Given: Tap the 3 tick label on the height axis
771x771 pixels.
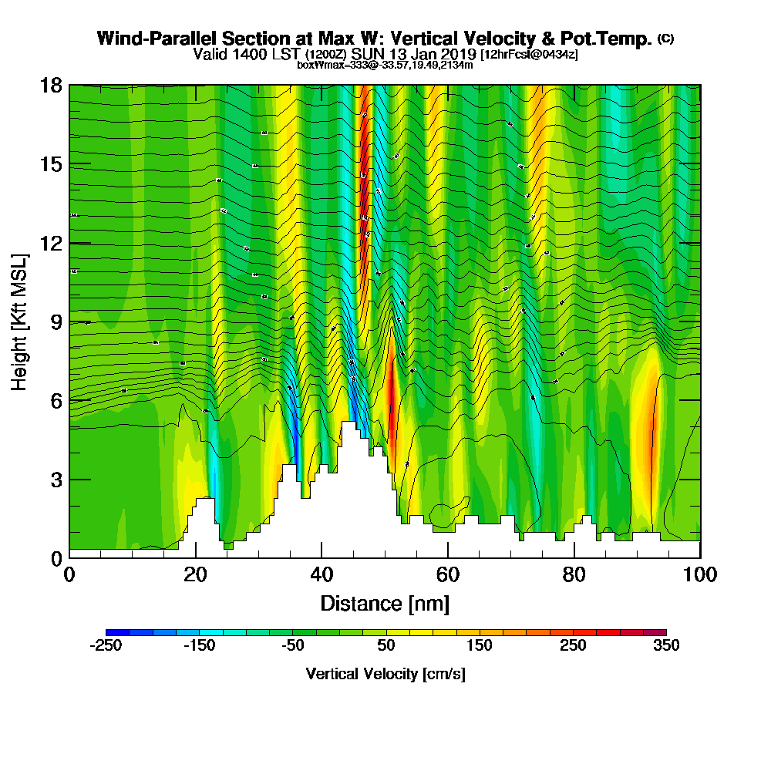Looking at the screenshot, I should click(56, 480).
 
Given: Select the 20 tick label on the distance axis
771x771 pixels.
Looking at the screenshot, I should click(196, 574).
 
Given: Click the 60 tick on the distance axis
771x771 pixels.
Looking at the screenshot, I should click(448, 557).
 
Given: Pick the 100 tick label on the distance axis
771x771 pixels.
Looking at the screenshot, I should click(700, 574).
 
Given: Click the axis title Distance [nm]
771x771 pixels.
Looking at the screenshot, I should click(385, 603).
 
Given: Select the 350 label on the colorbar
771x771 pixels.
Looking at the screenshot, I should click(666, 646).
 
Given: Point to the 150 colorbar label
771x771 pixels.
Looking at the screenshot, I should click(479, 646).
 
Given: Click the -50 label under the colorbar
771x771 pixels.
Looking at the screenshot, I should click(292, 646).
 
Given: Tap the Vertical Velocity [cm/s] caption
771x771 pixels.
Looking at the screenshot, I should click(385, 674).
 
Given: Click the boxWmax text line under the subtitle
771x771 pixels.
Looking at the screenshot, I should click(385, 65).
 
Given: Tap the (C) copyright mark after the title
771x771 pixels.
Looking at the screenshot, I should click(665, 39).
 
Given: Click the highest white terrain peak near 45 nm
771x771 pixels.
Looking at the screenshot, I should click(348, 426).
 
